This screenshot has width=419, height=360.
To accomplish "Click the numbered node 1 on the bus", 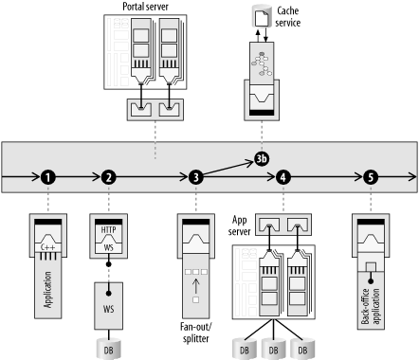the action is click(48, 177).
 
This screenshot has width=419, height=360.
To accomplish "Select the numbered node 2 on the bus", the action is click(109, 177).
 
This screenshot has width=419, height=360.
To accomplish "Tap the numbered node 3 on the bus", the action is click(196, 177).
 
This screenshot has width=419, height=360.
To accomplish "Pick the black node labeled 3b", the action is click(262, 159).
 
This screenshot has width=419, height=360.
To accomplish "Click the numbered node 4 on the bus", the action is click(283, 177).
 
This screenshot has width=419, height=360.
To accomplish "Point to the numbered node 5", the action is click(371, 177).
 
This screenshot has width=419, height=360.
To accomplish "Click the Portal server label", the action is click(145, 7).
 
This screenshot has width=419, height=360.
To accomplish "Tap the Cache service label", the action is click(287, 17).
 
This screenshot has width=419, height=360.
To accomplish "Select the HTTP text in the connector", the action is click(108, 230).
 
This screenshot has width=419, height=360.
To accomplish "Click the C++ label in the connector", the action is click(48, 247).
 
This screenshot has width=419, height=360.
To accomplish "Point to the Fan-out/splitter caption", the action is click(196, 333).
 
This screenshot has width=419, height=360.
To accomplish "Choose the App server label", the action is click(239, 225).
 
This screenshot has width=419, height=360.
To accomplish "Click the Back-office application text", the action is click(371, 306).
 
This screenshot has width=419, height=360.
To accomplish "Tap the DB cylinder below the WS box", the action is click(108, 349).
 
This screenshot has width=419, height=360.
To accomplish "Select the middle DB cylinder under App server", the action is click(274, 349).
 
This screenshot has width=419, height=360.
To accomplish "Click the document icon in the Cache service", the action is click(262, 19).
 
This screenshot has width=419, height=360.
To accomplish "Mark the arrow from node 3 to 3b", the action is click(228, 169).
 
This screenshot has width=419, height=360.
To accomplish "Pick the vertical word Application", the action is click(47, 290).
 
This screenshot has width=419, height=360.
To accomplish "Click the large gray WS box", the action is click(109, 306).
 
